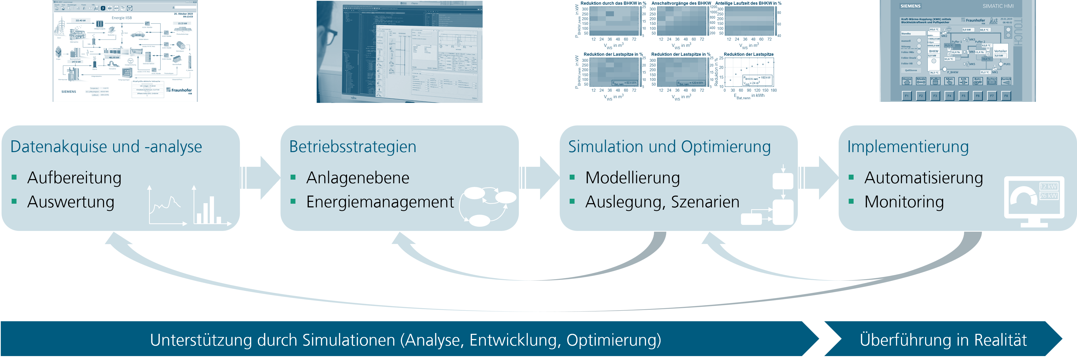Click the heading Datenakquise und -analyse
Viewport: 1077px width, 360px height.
pyautogui.click(x=106, y=147)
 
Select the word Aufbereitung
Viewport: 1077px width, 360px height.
pyautogui.click(x=74, y=178)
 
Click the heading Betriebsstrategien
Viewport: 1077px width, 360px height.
pyautogui.click(x=353, y=147)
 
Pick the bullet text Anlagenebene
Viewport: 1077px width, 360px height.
pyautogui.click(x=358, y=178)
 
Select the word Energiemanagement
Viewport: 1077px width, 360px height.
pyautogui.click(x=380, y=202)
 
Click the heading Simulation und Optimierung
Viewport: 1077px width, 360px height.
pyautogui.click(x=669, y=147)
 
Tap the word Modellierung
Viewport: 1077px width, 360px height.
pyautogui.click(x=632, y=178)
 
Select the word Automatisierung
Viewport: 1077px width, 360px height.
pyautogui.click(x=923, y=178)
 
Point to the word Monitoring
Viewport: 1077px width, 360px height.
pyautogui.click(x=904, y=202)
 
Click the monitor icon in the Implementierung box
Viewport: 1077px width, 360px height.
pyautogui.click(x=1034, y=201)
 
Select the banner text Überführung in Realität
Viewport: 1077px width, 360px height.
pyautogui.click(x=943, y=340)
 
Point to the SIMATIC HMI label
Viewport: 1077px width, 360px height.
pyautogui.click(x=998, y=6)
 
